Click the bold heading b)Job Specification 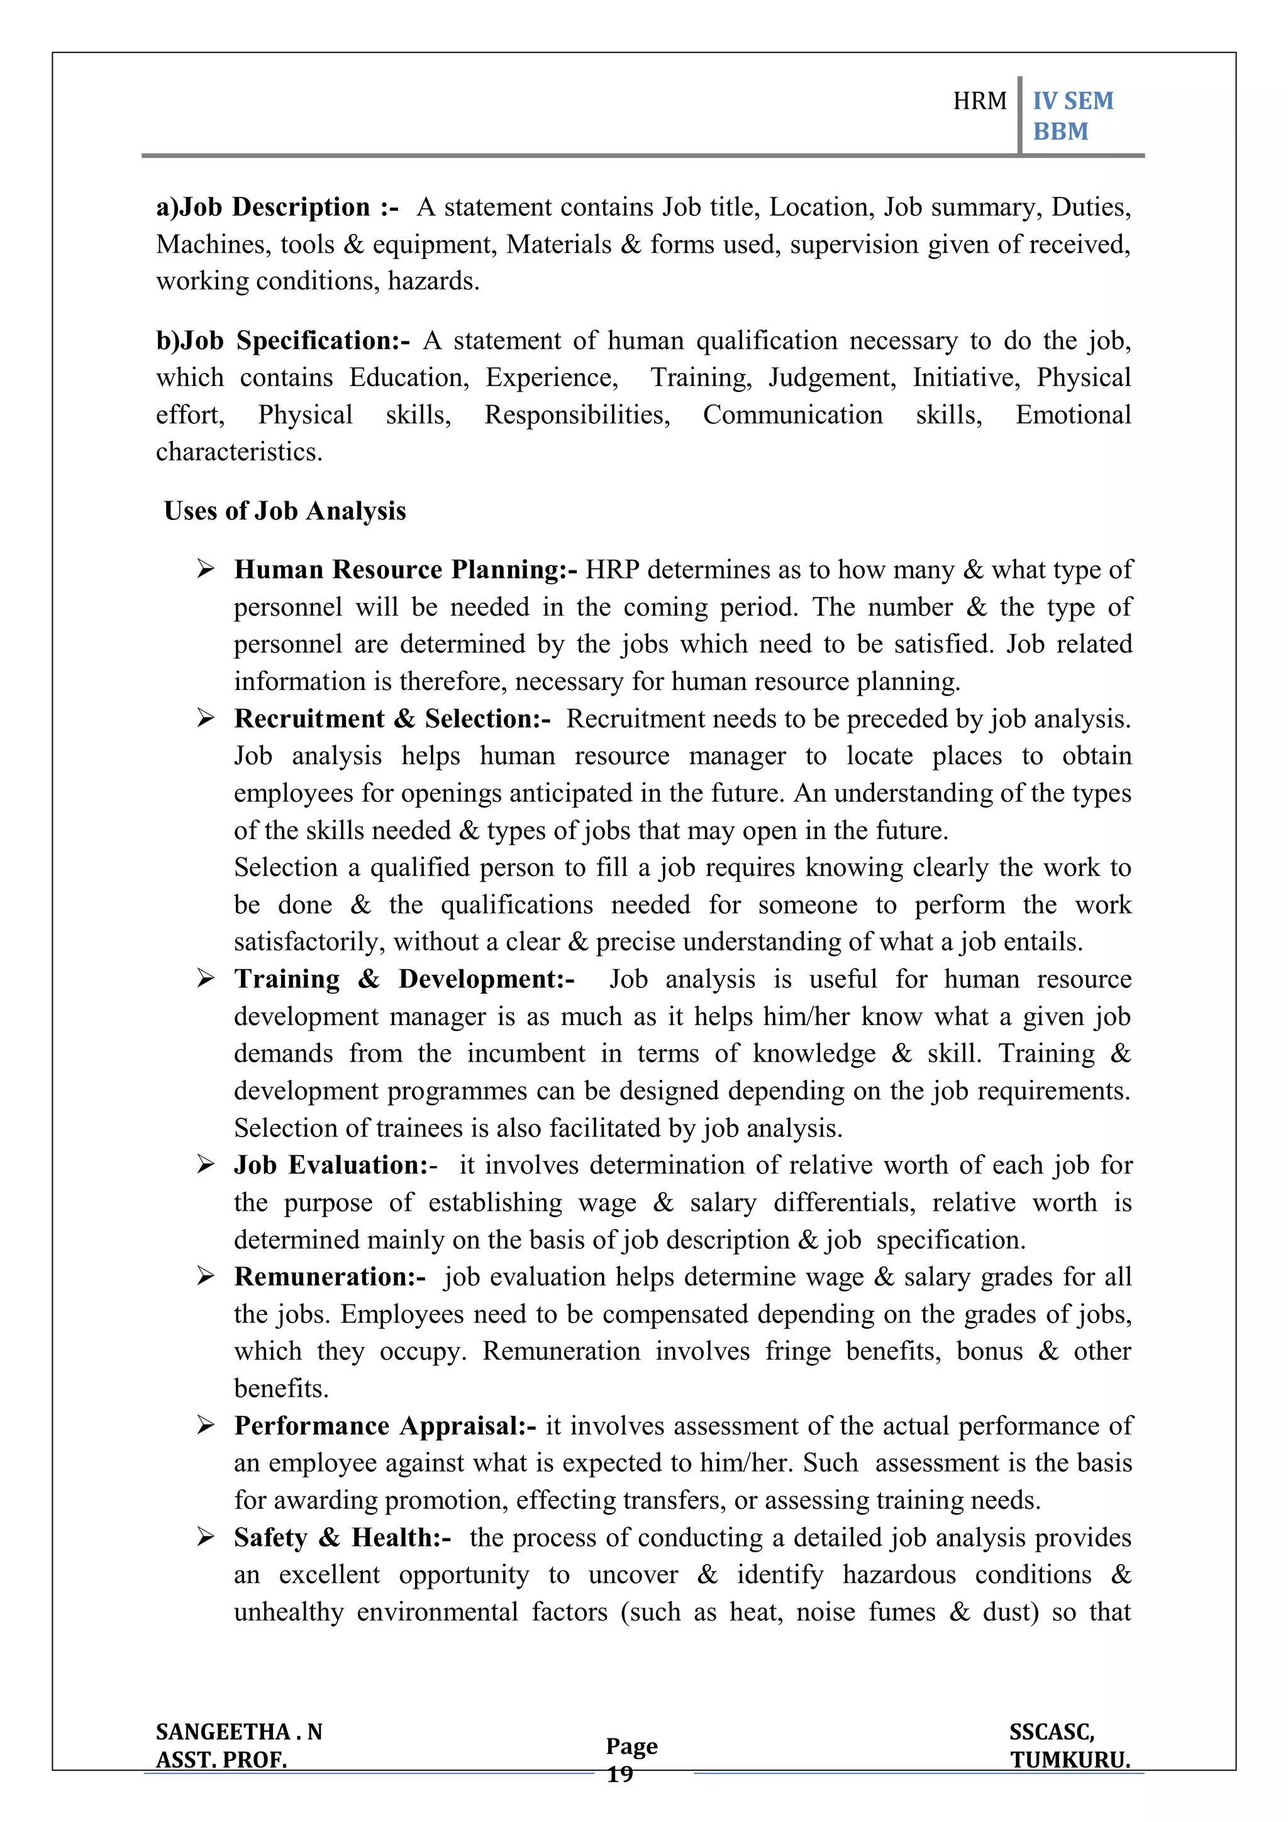point(282,340)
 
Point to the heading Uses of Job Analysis point(284,511)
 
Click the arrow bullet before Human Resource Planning point(206,569)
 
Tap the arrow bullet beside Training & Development point(206,979)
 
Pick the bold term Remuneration point(330,1277)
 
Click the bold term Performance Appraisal point(384,1426)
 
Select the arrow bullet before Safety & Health point(206,1537)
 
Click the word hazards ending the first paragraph point(433,281)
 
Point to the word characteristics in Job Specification point(239,452)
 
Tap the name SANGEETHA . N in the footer point(239,1731)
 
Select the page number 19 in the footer point(620,1774)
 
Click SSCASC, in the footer point(1052,1731)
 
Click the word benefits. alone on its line point(281,1389)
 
